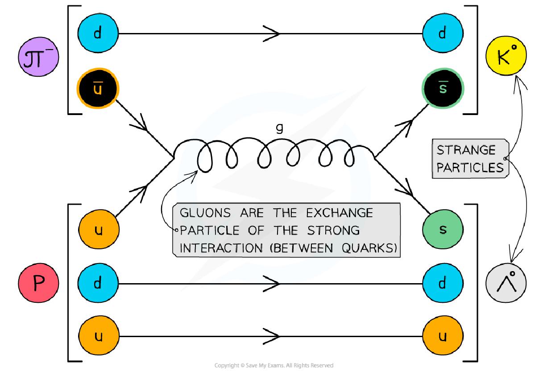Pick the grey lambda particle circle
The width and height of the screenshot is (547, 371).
click(506, 282)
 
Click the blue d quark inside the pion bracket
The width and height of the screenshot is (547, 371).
click(98, 33)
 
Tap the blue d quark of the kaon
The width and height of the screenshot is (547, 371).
click(442, 33)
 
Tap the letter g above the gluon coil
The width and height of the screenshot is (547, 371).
click(280, 128)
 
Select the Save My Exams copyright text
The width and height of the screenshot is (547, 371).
click(273, 366)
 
